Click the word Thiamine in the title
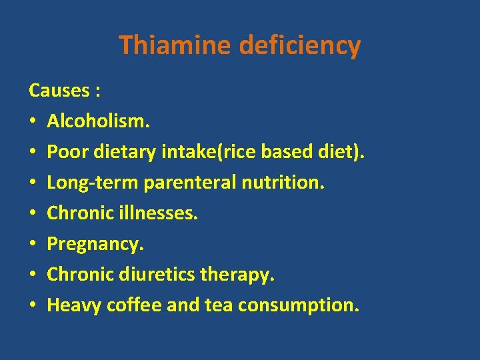tap(175, 45)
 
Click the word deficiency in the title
tap(299, 45)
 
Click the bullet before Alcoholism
tap(33, 122)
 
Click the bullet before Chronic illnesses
tap(33, 214)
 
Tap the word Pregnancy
tap(95, 244)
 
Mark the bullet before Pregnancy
tap(33, 245)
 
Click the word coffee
tap(127, 305)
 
